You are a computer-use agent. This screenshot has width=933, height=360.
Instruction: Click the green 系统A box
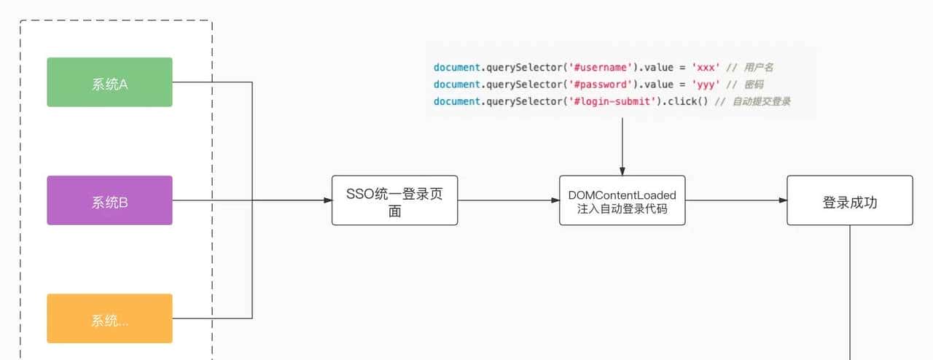click(x=109, y=82)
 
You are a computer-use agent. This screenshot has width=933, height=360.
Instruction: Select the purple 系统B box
click(x=109, y=200)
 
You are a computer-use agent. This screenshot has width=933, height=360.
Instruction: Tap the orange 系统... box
click(x=109, y=318)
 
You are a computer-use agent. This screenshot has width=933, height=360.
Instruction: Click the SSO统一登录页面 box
click(x=394, y=200)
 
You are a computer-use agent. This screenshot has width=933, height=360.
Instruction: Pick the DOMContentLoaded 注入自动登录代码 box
click(x=622, y=200)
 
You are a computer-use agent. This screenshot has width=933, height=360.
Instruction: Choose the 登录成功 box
click(x=849, y=200)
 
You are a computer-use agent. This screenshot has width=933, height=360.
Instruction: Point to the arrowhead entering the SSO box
click(x=327, y=200)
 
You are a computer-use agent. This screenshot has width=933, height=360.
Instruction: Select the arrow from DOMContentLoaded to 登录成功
click(x=736, y=200)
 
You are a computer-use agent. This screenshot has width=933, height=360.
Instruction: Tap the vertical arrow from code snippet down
click(x=622, y=146)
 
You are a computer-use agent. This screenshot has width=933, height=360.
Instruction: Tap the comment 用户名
click(x=759, y=68)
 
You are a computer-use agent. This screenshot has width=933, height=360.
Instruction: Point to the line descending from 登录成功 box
click(x=850, y=291)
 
